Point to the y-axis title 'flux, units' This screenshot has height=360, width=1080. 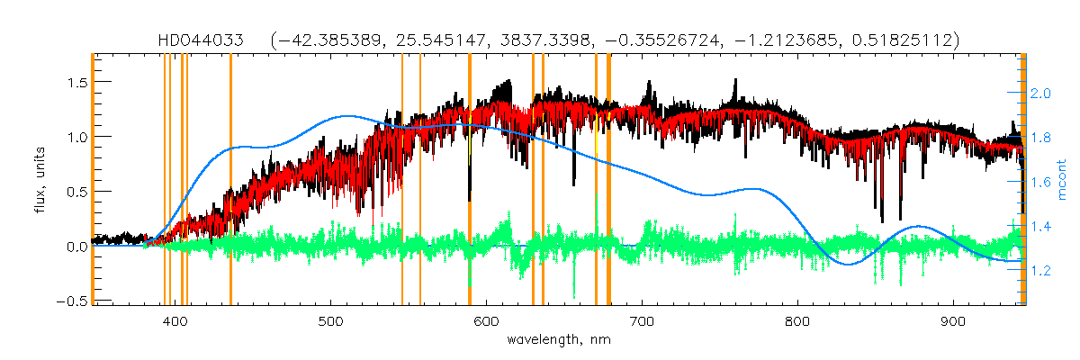(x=33, y=179)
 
